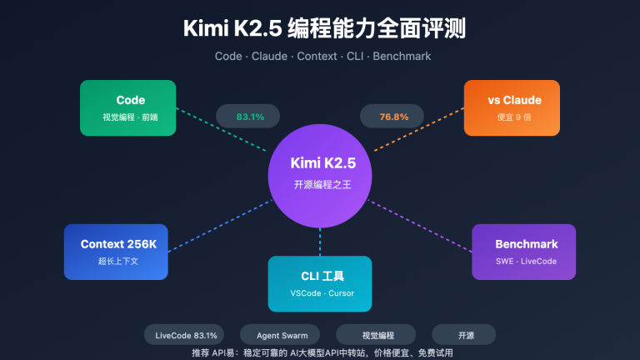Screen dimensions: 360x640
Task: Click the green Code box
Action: (x=127, y=107)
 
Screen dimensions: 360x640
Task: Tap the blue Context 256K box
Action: (x=116, y=252)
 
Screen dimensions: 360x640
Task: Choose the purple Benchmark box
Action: (x=523, y=252)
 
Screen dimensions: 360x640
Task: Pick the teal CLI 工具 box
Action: (x=320, y=283)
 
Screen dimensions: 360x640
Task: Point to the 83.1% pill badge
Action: (x=250, y=117)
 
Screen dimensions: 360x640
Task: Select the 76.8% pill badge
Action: (x=394, y=117)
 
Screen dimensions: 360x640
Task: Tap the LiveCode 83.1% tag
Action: (x=187, y=335)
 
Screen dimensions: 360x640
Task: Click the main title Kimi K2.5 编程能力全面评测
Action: (x=320, y=30)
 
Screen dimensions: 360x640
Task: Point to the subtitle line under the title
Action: (x=320, y=57)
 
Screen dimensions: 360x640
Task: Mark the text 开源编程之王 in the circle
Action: (x=320, y=185)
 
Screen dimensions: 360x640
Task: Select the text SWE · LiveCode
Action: (x=523, y=262)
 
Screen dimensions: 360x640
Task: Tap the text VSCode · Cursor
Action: (x=320, y=293)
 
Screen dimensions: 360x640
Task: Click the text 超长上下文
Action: (x=116, y=262)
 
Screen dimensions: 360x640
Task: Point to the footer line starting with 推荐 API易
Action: (x=320, y=352)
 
